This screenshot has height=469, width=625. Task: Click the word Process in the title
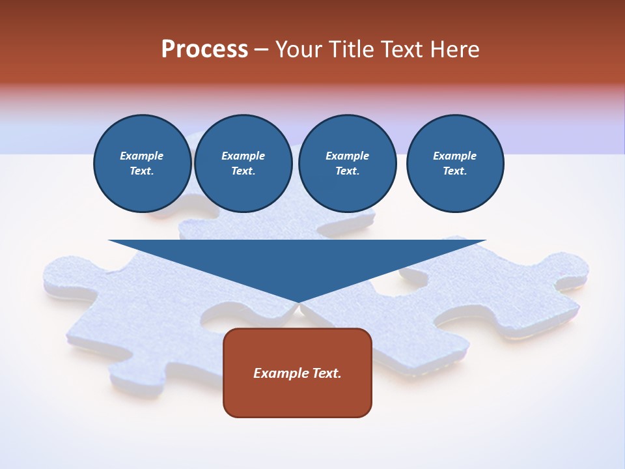click(x=204, y=50)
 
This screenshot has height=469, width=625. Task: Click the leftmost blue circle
click(x=142, y=163)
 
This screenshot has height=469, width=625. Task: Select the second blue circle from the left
click(x=243, y=163)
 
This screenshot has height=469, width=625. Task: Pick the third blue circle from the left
click(x=347, y=163)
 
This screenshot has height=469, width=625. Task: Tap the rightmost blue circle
click(x=455, y=163)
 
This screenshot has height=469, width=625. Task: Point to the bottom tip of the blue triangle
click(x=298, y=302)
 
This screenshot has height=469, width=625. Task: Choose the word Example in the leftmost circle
click(x=142, y=156)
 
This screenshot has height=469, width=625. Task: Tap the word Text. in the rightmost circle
click(x=455, y=171)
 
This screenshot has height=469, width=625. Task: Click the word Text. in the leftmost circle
click(x=142, y=171)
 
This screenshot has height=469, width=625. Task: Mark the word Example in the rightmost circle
click(x=455, y=156)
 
